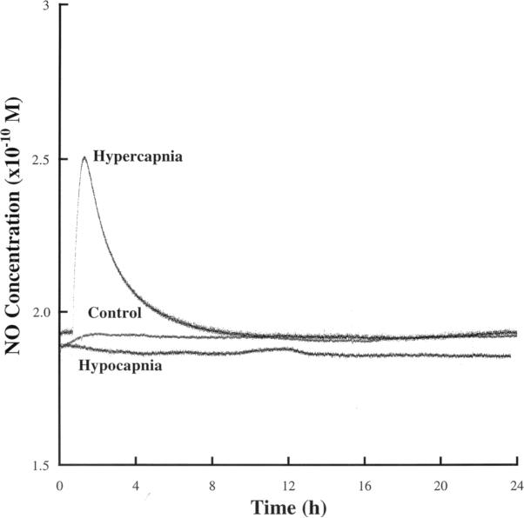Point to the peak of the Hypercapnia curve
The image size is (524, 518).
point(84,157)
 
